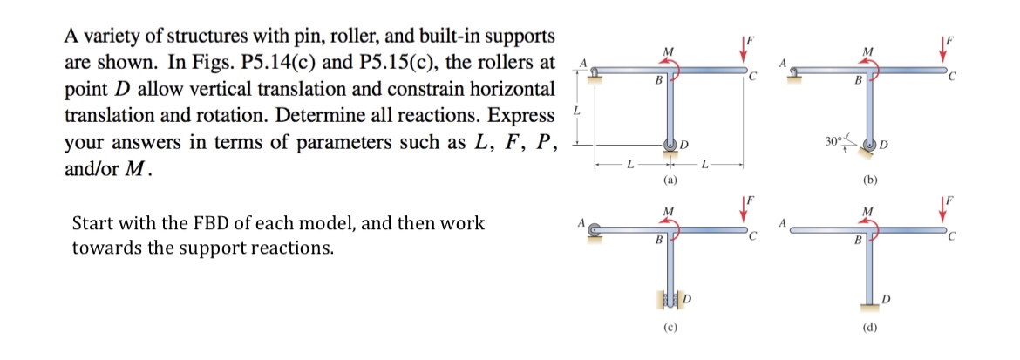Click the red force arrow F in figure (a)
coord(743,51)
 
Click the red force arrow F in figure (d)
coord(943,215)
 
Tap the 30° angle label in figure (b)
coord(833,140)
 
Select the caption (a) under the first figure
coord(669,180)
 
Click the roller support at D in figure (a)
coord(670,145)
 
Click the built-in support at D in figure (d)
coord(869,303)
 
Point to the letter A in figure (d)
coord(782,221)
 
